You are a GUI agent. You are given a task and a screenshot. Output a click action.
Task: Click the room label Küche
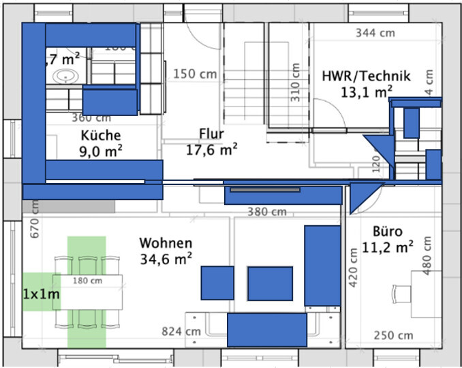pos(101,135)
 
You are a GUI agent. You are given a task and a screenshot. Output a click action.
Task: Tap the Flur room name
pos(211,133)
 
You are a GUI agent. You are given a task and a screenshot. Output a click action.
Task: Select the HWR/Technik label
pos(366,76)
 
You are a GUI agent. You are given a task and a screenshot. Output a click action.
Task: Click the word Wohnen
pos(166,243)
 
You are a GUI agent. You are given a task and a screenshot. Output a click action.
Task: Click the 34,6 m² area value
pos(166,259)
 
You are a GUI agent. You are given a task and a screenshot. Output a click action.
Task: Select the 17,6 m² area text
pos(211,150)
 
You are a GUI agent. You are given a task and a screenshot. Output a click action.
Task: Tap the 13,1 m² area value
pos(367,91)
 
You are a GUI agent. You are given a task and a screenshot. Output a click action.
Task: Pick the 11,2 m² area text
pos(386,246)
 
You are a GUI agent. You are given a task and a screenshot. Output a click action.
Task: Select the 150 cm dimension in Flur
pos(195,74)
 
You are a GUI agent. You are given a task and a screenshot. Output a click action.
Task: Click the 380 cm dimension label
pos(266,212)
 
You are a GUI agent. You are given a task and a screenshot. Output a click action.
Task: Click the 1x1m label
pos(40,294)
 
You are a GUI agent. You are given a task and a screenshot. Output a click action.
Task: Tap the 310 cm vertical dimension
pos(295,83)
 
